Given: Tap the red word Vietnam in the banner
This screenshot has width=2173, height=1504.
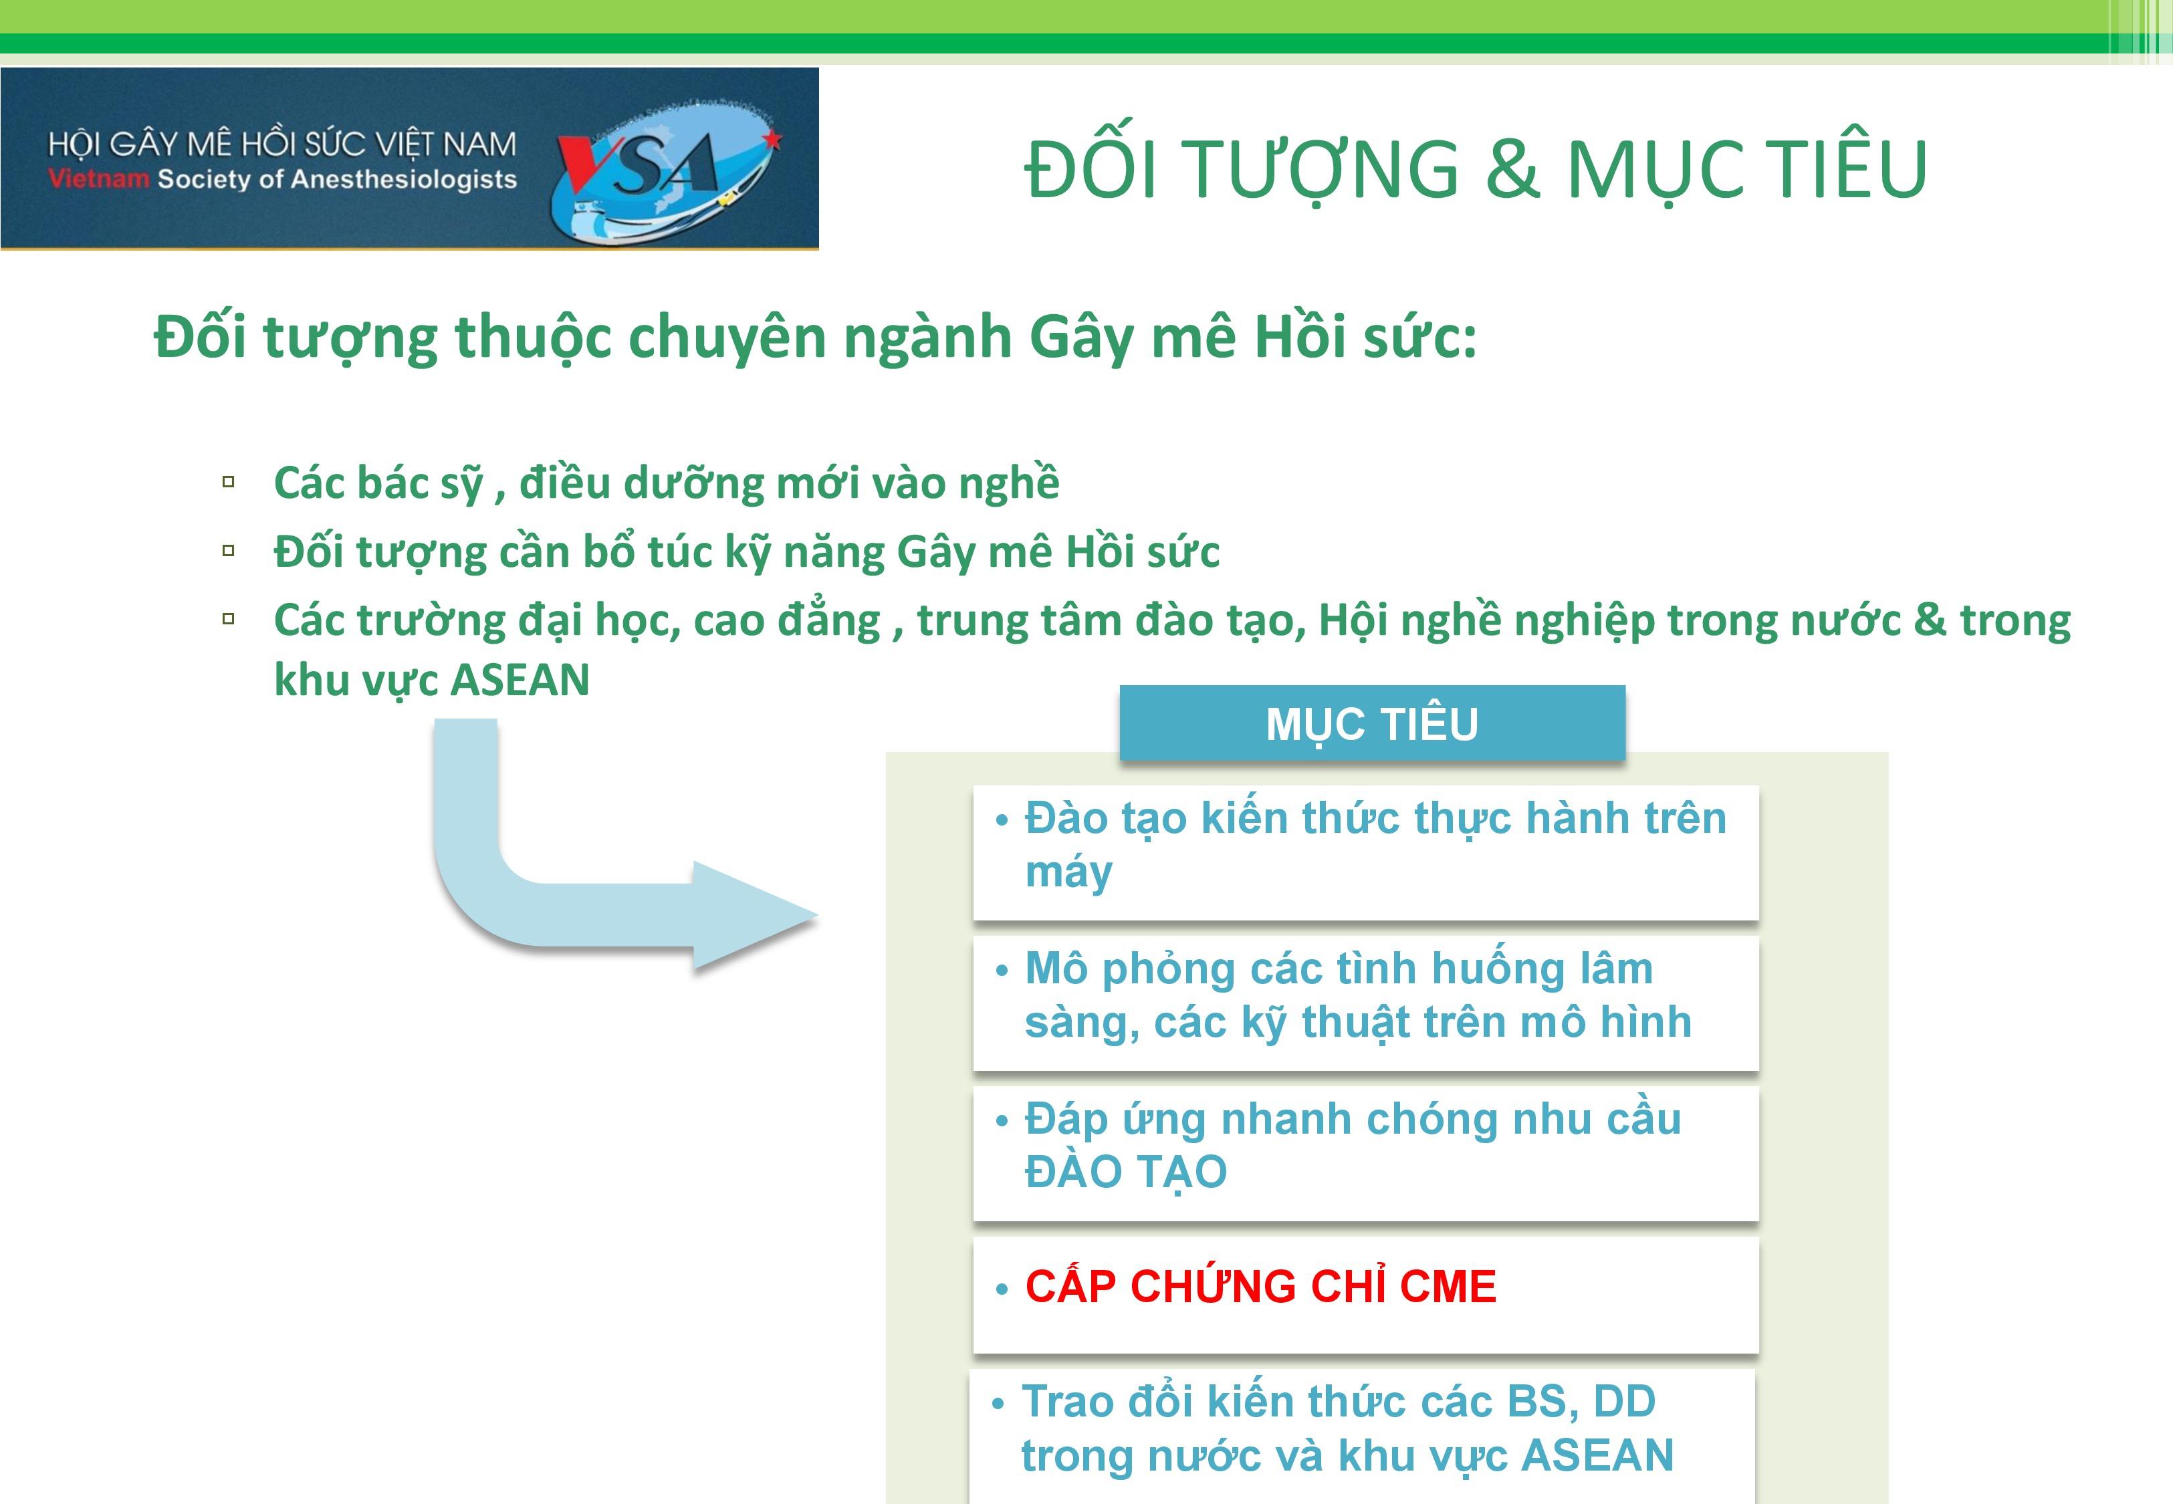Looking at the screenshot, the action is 99,179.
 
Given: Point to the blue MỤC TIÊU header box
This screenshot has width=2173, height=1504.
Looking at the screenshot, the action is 1372,723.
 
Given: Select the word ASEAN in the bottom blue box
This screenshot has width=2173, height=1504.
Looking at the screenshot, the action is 1597,1455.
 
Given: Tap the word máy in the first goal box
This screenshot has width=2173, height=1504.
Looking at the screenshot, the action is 1068,872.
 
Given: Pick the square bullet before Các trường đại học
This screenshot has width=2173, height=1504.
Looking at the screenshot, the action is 228,619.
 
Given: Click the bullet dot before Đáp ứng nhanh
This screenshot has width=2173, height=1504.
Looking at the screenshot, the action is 1002,1120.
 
